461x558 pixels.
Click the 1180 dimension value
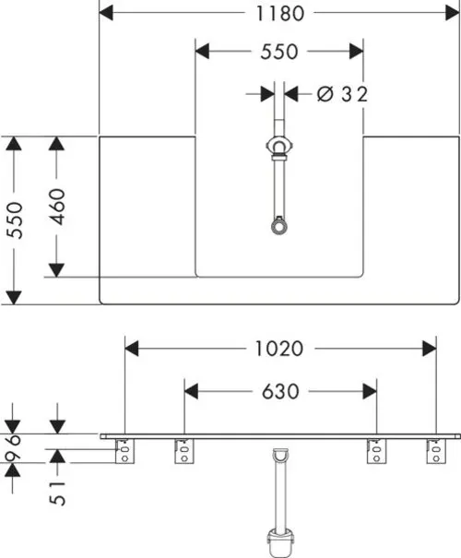(x=280, y=14)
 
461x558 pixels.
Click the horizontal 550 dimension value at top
(x=279, y=52)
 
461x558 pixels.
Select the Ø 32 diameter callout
(x=342, y=94)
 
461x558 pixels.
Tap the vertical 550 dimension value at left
(x=16, y=220)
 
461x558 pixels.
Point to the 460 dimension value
(x=57, y=207)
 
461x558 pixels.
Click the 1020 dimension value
(x=279, y=349)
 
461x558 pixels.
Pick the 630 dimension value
(x=280, y=391)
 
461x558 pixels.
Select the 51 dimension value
(x=57, y=493)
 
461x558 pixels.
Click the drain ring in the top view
(x=279, y=227)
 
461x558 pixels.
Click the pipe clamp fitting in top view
(x=279, y=147)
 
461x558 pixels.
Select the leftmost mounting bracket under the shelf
(x=125, y=451)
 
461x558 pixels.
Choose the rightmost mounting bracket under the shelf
(x=436, y=451)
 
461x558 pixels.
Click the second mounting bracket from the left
(x=184, y=451)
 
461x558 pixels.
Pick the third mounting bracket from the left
(x=376, y=451)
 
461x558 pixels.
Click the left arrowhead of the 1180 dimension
(x=106, y=13)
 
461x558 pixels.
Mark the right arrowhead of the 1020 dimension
(x=430, y=349)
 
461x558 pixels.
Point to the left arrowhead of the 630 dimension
(x=192, y=391)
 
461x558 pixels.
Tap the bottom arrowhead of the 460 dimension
(x=56, y=270)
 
